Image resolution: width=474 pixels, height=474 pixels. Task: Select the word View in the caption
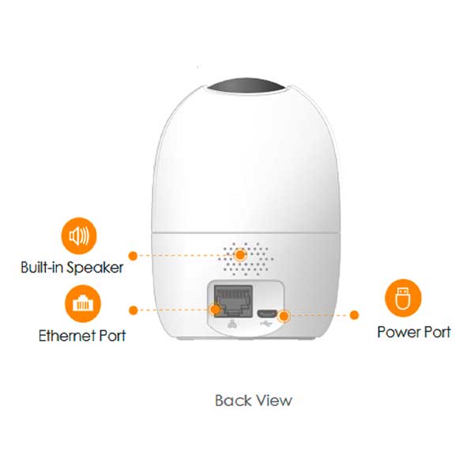(273, 401)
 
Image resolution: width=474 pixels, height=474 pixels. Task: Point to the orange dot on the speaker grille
(239, 255)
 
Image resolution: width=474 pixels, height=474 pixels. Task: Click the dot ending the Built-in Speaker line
(133, 255)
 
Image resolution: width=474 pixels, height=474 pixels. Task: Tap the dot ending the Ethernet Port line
(133, 310)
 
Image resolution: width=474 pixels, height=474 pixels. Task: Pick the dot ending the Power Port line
(355, 315)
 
